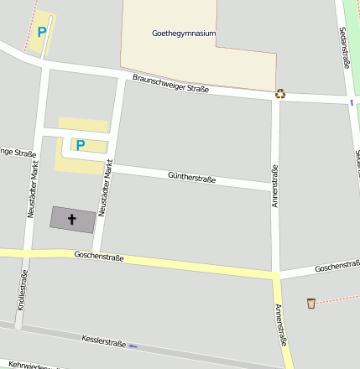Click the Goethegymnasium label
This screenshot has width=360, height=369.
pos(184,34)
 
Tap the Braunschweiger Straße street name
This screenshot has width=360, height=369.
pos(170,83)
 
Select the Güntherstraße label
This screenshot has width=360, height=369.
pos(192,177)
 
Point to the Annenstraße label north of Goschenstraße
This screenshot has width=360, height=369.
pos(274,185)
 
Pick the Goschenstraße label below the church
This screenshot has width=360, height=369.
pos(98,256)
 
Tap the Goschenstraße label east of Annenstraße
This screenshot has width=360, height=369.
pos(337,268)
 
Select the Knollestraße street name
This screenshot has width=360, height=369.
pos(21,289)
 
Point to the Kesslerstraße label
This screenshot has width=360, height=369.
pos(103,341)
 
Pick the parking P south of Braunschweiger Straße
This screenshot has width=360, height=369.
pos(81,144)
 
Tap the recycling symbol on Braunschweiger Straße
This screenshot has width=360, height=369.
pos(280,94)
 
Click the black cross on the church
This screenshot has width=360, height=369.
pos(72,220)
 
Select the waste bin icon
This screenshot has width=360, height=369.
pos(311,303)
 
